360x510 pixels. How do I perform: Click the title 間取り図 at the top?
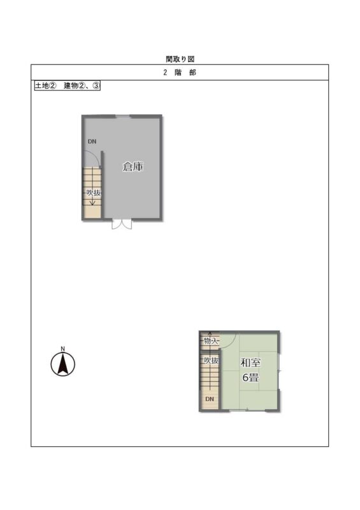[x=180, y=59]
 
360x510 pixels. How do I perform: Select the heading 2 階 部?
[x=180, y=73]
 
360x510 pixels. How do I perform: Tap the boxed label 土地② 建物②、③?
[x=68, y=86]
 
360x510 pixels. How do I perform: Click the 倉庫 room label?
[x=133, y=167]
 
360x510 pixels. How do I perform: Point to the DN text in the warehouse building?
[x=92, y=142]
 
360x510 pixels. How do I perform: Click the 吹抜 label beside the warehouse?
[x=93, y=193]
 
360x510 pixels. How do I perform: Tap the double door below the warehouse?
[x=122, y=224]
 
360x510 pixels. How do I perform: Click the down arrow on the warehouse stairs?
[x=92, y=201]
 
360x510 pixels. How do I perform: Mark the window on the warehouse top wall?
[x=122, y=116]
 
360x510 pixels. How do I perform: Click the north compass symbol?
[x=63, y=364]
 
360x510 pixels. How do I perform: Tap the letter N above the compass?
[x=63, y=349]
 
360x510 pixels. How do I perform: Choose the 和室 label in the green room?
[x=250, y=362]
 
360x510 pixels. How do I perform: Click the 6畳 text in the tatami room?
[x=250, y=377]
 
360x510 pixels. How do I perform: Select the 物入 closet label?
[x=210, y=341]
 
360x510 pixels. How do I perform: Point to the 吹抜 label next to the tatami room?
[x=211, y=360]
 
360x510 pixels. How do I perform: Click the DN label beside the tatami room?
[x=210, y=399]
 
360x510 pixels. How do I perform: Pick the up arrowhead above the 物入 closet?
[x=210, y=333]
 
